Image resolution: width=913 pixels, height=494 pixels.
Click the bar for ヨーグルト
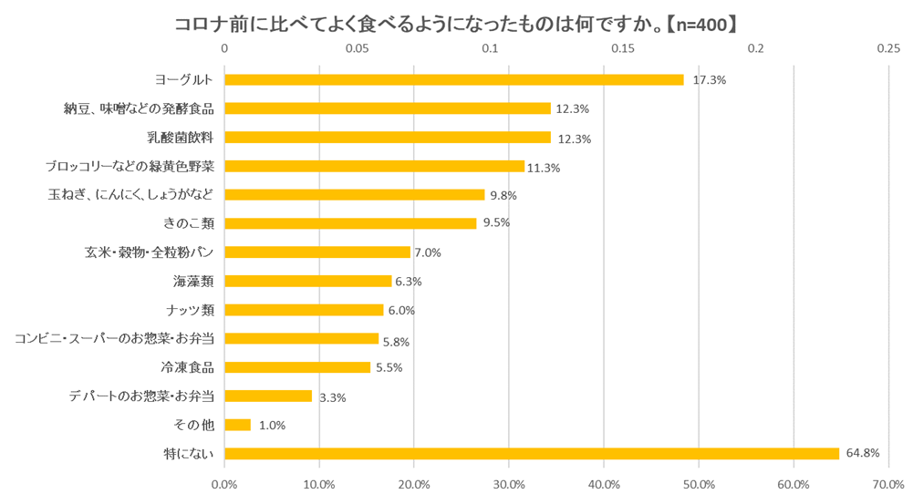(453, 79)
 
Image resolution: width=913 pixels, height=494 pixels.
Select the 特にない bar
(532, 453)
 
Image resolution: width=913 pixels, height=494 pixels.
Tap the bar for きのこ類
(350, 223)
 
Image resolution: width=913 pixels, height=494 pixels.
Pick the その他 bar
(237, 425)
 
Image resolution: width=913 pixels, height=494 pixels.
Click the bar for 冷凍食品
(297, 367)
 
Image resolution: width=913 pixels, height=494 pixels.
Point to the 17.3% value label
(709, 80)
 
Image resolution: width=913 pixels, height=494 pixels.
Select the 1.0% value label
(273, 426)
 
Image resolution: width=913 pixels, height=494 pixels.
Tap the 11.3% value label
(544, 168)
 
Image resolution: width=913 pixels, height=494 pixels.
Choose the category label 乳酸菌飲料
(180, 138)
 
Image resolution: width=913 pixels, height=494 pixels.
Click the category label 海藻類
(193, 281)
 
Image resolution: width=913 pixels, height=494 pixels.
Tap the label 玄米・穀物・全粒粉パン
(150, 252)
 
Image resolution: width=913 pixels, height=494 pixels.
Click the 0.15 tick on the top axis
(623, 48)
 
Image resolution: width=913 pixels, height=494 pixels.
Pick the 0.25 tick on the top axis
(888, 48)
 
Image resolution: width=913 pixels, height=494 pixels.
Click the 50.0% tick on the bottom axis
(699, 483)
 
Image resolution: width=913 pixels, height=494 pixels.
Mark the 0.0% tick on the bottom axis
(224, 483)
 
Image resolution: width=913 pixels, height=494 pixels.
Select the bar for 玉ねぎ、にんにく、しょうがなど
(354, 195)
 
